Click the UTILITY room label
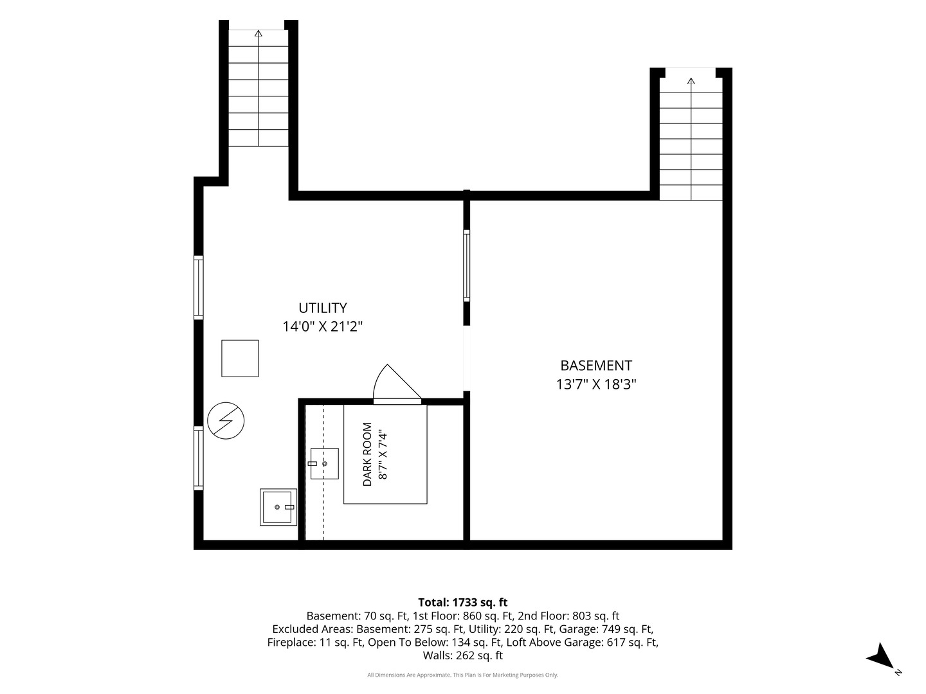(323, 308)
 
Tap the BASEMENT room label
(596, 366)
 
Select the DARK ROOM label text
(367, 454)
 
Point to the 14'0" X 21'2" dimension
(323, 326)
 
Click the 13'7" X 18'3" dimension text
(596, 384)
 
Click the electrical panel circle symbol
(226, 420)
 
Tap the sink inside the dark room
(324, 463)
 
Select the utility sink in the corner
(278, 507)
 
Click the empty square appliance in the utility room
(240, 358)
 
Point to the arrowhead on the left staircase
(258, 33)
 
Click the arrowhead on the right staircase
(691, 81)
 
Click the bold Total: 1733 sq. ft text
(463, 602)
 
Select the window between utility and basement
(467, 265)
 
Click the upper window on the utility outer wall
(198, 287)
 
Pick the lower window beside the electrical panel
(198, 458)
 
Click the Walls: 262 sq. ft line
(463, 655)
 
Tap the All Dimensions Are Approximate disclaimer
(463, 675)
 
